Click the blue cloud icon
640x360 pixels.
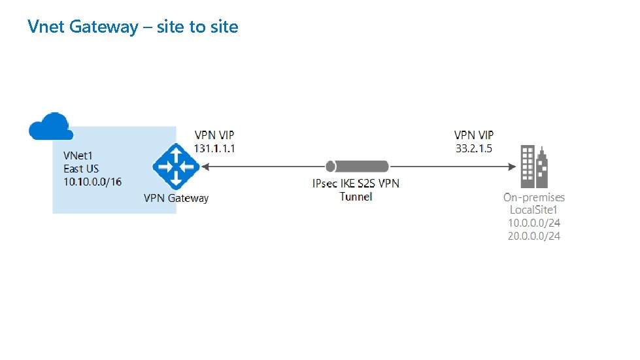click(50, 126)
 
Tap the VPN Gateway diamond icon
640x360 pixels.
click(175, 167)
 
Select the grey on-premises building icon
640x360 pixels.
click(533, 166)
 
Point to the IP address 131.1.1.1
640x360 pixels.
click(214, 148)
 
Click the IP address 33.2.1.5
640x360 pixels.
click(473, 148)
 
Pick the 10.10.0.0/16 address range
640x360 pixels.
click(92, 181)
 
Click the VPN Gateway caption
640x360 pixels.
click(176, 198)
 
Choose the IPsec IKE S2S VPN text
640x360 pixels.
click(356, 183)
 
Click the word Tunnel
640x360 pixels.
click(356, 196)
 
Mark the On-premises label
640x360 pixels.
click(533, 197)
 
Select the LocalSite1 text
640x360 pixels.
click(534, 210)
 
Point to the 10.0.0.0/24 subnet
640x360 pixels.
click(534, 223)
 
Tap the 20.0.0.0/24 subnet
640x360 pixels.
click(534, 235)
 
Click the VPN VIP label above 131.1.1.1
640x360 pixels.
click(214, 135)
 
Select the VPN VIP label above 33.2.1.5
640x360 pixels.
click(474, 135)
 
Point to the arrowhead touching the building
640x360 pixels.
click(513, 167)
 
